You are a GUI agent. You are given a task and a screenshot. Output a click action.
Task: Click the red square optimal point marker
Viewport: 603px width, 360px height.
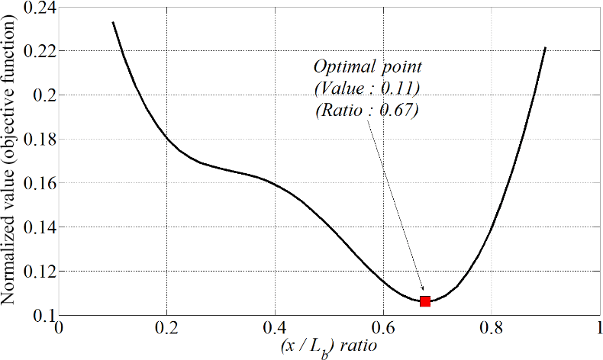(425, 301)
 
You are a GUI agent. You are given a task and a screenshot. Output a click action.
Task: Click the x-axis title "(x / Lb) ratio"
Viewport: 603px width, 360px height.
(328, 347)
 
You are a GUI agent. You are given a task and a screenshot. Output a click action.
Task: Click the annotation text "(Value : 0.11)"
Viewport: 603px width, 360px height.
(367, 88)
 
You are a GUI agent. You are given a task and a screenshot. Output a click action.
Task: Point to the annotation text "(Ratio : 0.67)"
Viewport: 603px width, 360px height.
(366, 110)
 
